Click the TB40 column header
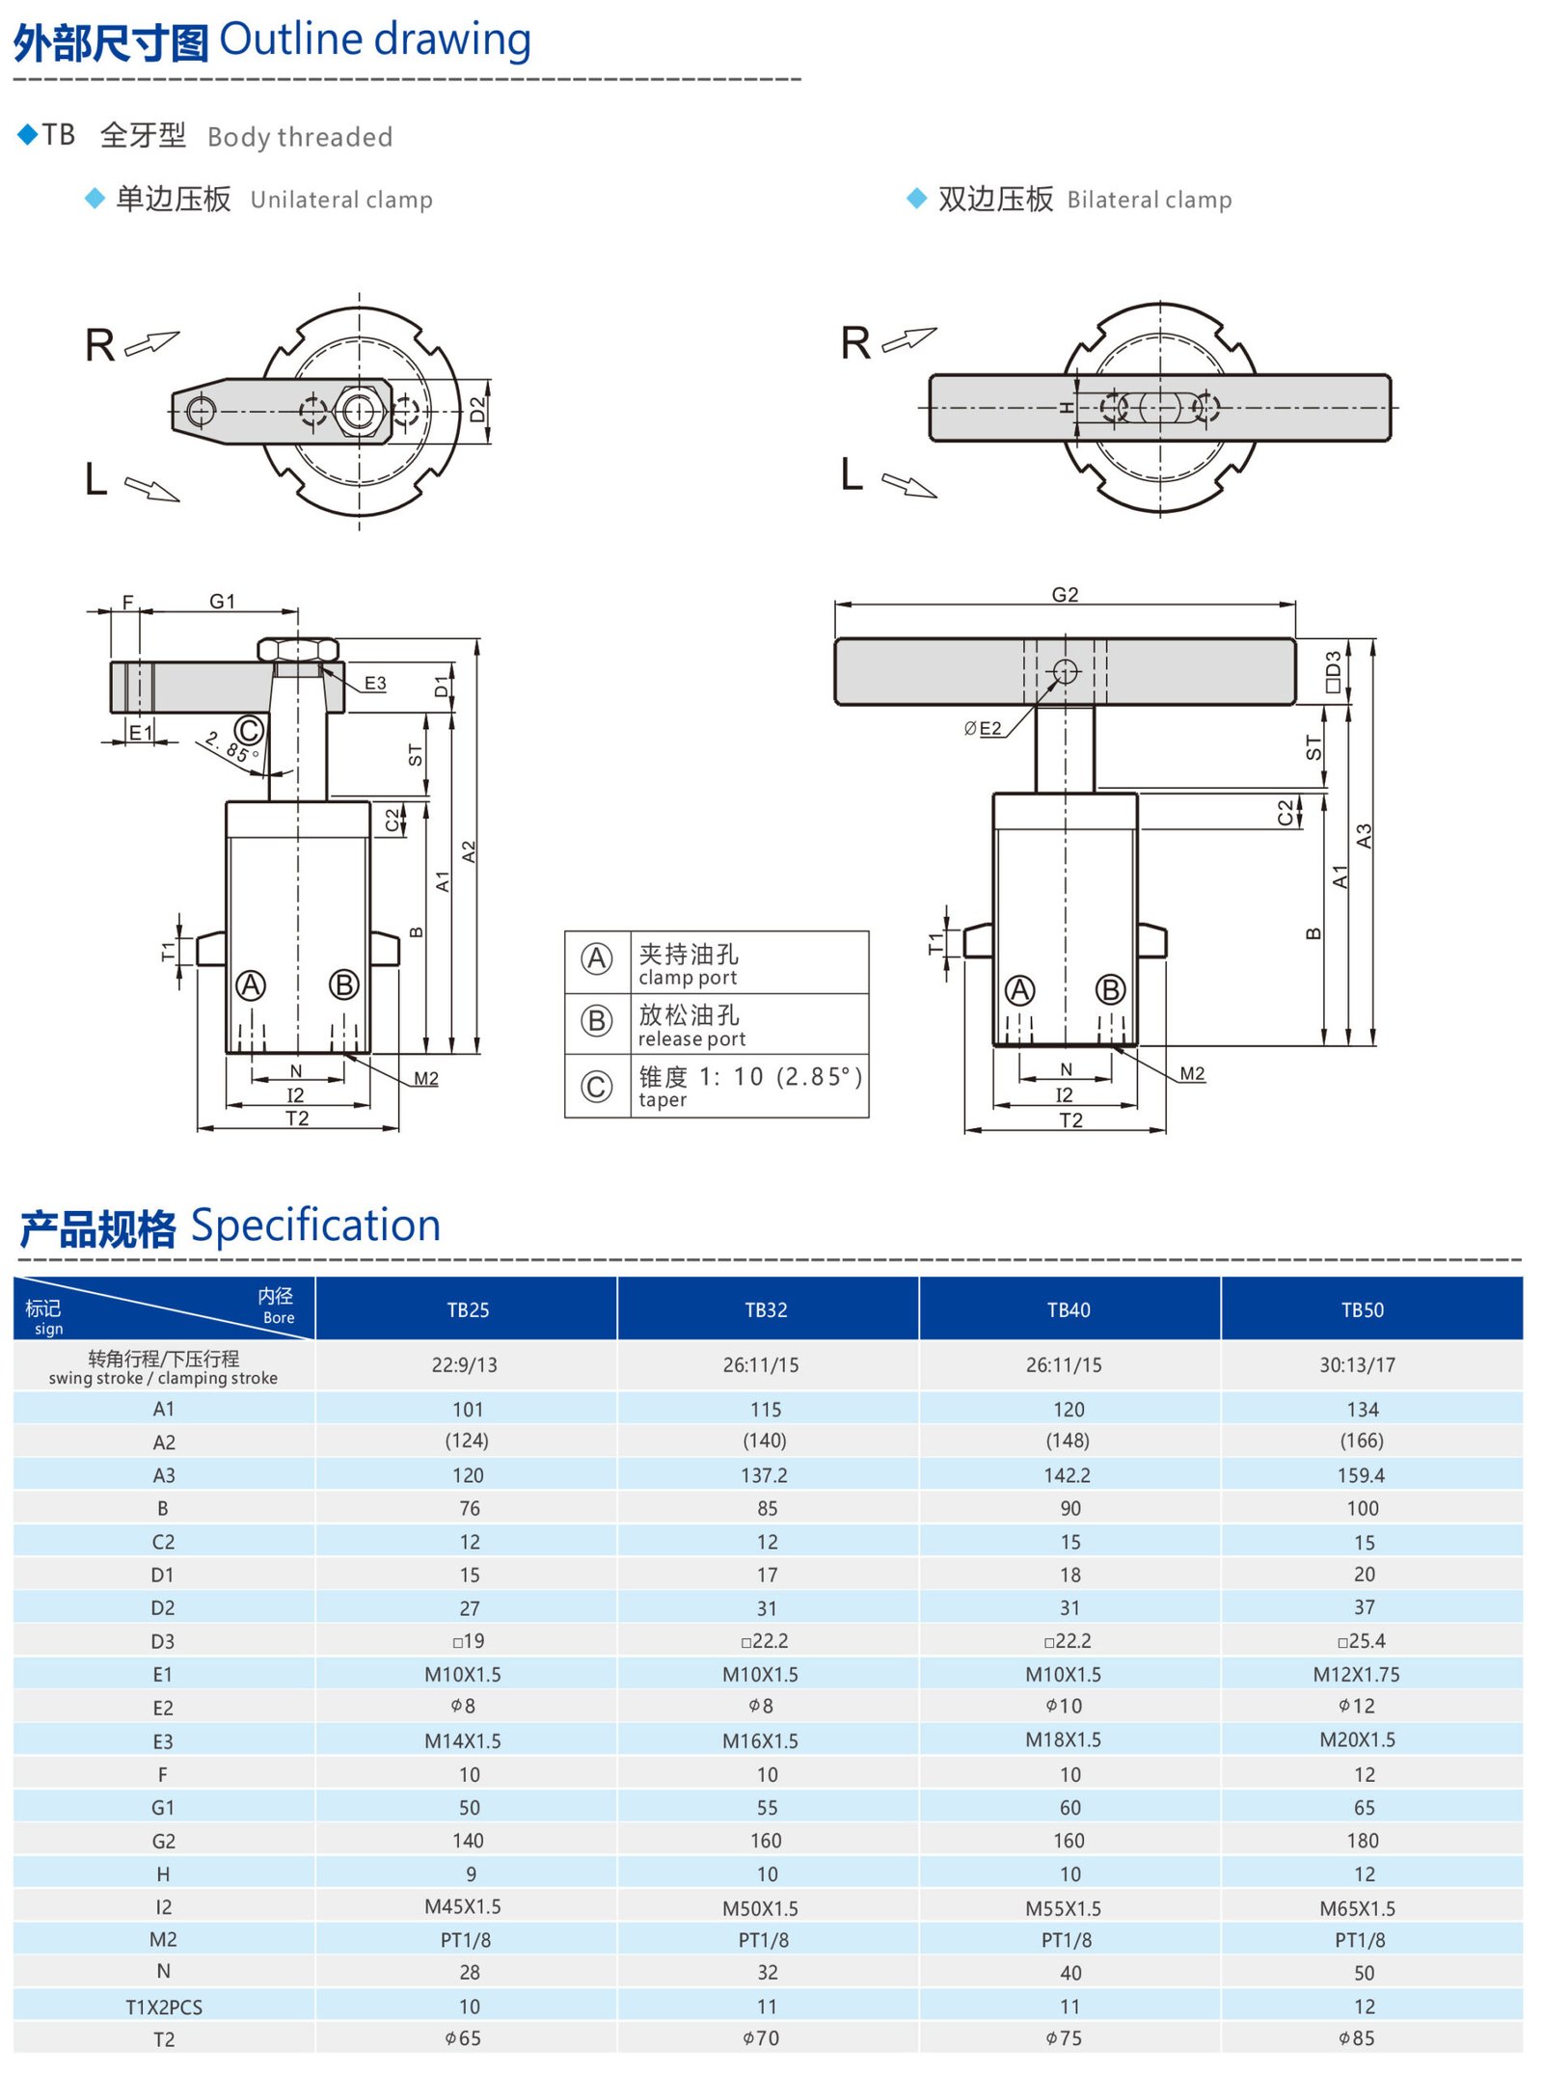[x=1068, y=1309]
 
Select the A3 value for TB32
[x=764, y=1475]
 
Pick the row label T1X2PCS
[x=163, y=2007]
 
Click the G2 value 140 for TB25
[x=468, y=1841]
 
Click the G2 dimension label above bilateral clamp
[x=1065, y=595]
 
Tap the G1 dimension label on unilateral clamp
[x=223, y=601]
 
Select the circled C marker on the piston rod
[x=249, y=730]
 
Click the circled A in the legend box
[x=597, y=958]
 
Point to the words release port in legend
[x=691, y=1039]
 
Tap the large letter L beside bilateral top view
[x=852, y=474]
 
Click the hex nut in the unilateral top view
[x=359, y=411]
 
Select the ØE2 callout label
[x=983, y=728]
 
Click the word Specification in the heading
[x=315, y=1226]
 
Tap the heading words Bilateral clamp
[x=1149, y=200]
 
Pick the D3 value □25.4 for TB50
[x=1361, y=1640]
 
